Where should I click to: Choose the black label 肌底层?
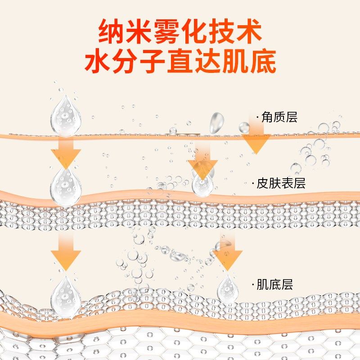[275, 284]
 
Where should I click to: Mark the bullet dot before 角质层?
[257, 118]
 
